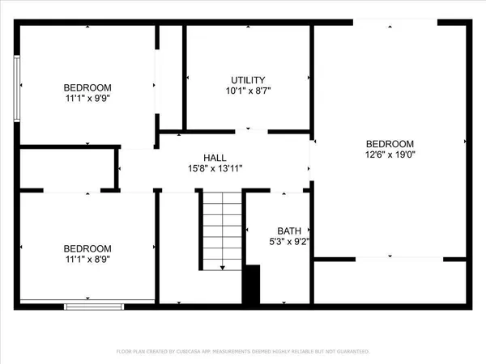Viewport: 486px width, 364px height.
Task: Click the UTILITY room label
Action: tap(248, 80)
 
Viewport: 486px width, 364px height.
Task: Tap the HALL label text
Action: tap(215, 158)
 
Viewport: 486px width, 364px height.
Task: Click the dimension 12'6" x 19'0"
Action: tap(390, 154)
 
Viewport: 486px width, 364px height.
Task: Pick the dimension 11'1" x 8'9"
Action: tap(88, 260)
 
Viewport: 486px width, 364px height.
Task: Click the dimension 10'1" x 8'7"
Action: tap(248, 91)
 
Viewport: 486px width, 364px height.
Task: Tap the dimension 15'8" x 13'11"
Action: tap(215, 168)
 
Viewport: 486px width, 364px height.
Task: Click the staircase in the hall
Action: tap(222, 231)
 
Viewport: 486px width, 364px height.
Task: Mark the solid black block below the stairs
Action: tap(252, 284)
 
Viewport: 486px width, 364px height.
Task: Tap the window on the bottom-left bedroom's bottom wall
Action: tap(94, 305)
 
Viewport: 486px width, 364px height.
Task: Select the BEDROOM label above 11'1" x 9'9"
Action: tap(88, 87)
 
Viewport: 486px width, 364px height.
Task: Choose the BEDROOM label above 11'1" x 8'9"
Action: tap(88, 248)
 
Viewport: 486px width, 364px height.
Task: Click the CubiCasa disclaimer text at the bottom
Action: tap(242, 352)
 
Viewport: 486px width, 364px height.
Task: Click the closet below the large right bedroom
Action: tap(390, 281)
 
